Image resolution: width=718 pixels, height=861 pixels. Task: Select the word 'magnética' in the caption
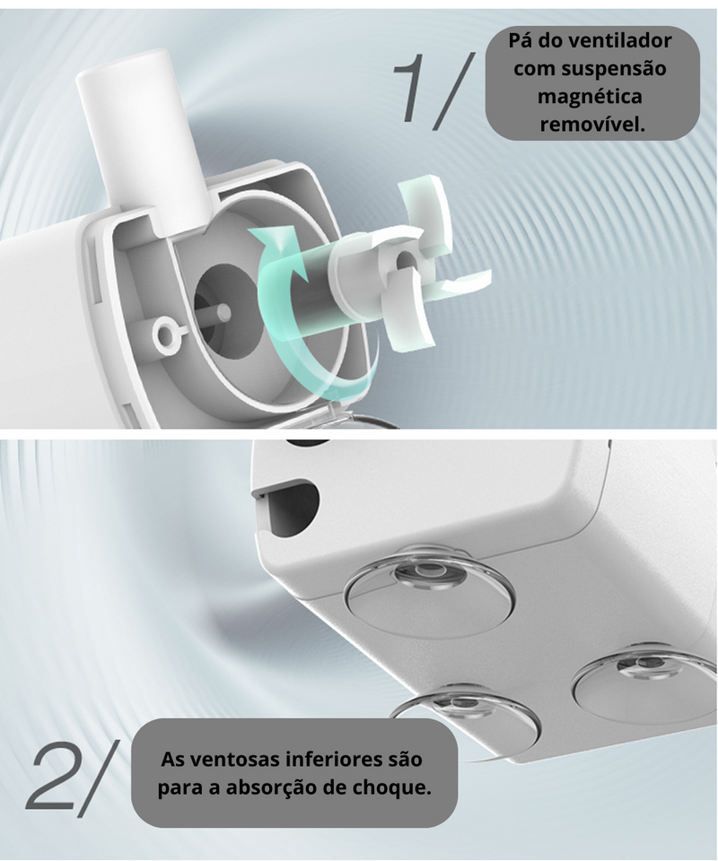[590, 97]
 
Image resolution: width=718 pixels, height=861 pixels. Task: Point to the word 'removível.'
[591, 125]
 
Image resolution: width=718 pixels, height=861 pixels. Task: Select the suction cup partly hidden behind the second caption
[467, 714]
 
